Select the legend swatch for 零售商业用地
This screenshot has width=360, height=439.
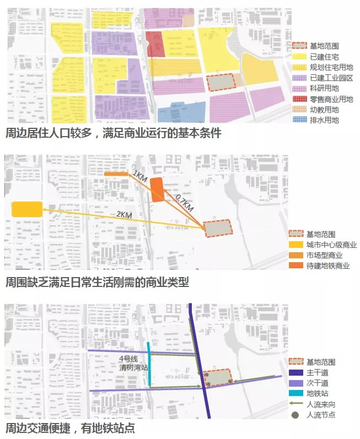tap(299, 99)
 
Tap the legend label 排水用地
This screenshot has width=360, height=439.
tap(324, 120)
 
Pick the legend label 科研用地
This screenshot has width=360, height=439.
tap(324, 88)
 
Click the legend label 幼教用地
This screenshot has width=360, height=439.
tap(324, 110)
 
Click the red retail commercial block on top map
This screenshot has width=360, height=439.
tap(155, 44)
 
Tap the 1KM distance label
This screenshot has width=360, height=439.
tap(138, 176)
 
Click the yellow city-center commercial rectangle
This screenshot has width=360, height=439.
tap(27, 209)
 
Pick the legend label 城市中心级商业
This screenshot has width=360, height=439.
tap(331, 245)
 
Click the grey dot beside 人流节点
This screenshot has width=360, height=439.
tap(298, 414)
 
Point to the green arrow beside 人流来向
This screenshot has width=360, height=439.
tap(298, 404)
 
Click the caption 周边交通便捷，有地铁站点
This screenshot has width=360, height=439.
tap(70, 428)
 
